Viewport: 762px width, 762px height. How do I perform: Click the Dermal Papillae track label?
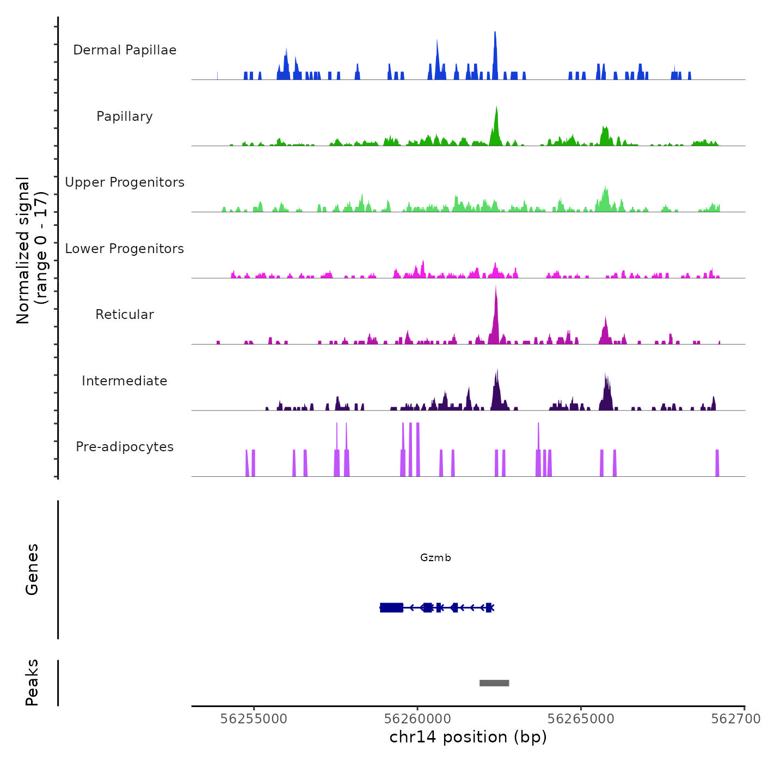pyautogui.click(x=125, y=50)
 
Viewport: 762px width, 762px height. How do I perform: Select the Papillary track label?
pyautogui.click(x=125, y=116)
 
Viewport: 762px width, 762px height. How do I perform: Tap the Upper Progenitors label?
pyautogui.click(x=125, y=182)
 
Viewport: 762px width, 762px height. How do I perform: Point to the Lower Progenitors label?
pyautogui.click(x=125, y=249)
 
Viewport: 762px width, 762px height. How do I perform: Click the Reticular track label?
pyautogui.click(x=125, y=315)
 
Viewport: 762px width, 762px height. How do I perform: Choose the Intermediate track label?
pyautogui.click(x=125, y=381)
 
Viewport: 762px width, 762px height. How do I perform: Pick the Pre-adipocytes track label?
pyautogui.click(x=125, y=447)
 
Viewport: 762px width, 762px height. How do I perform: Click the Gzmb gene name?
pyautogui.click(x=435, y=557)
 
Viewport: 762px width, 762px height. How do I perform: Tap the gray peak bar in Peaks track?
pyautogui.click(x=494, y=683)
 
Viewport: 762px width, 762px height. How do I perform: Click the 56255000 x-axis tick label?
pyautogui.click(x=254, y=718)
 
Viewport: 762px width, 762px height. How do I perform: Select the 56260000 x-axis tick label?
pyautogui.click(x=417, y=718)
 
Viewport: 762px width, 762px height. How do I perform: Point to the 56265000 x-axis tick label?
pyautogui.click(x=581, y=718)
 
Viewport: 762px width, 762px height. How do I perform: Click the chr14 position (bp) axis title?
pyautogui.click(x=468, y=737)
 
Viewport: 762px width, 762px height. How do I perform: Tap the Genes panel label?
pyautogui.click(x=32, y=569)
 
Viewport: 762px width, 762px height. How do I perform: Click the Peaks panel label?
pyautogui.click(x=32, y=682)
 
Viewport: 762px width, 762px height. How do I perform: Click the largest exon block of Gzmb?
pyautogui.click(x=391, y=607)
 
